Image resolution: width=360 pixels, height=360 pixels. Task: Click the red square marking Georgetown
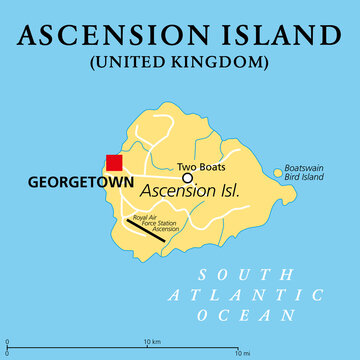click(114, 163)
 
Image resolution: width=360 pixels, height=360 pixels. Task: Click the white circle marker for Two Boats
click(187, 178)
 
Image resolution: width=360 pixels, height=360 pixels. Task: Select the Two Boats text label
click(201, 166)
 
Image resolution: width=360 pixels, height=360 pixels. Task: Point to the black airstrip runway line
click(145, 230)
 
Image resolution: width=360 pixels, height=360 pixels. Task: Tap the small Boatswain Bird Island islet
click(277, 173)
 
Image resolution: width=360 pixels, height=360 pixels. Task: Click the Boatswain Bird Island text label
click(304, 172)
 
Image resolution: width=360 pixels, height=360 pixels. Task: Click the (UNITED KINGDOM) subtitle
click(180, 62)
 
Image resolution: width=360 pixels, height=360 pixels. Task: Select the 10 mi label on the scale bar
click(243, 353)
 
